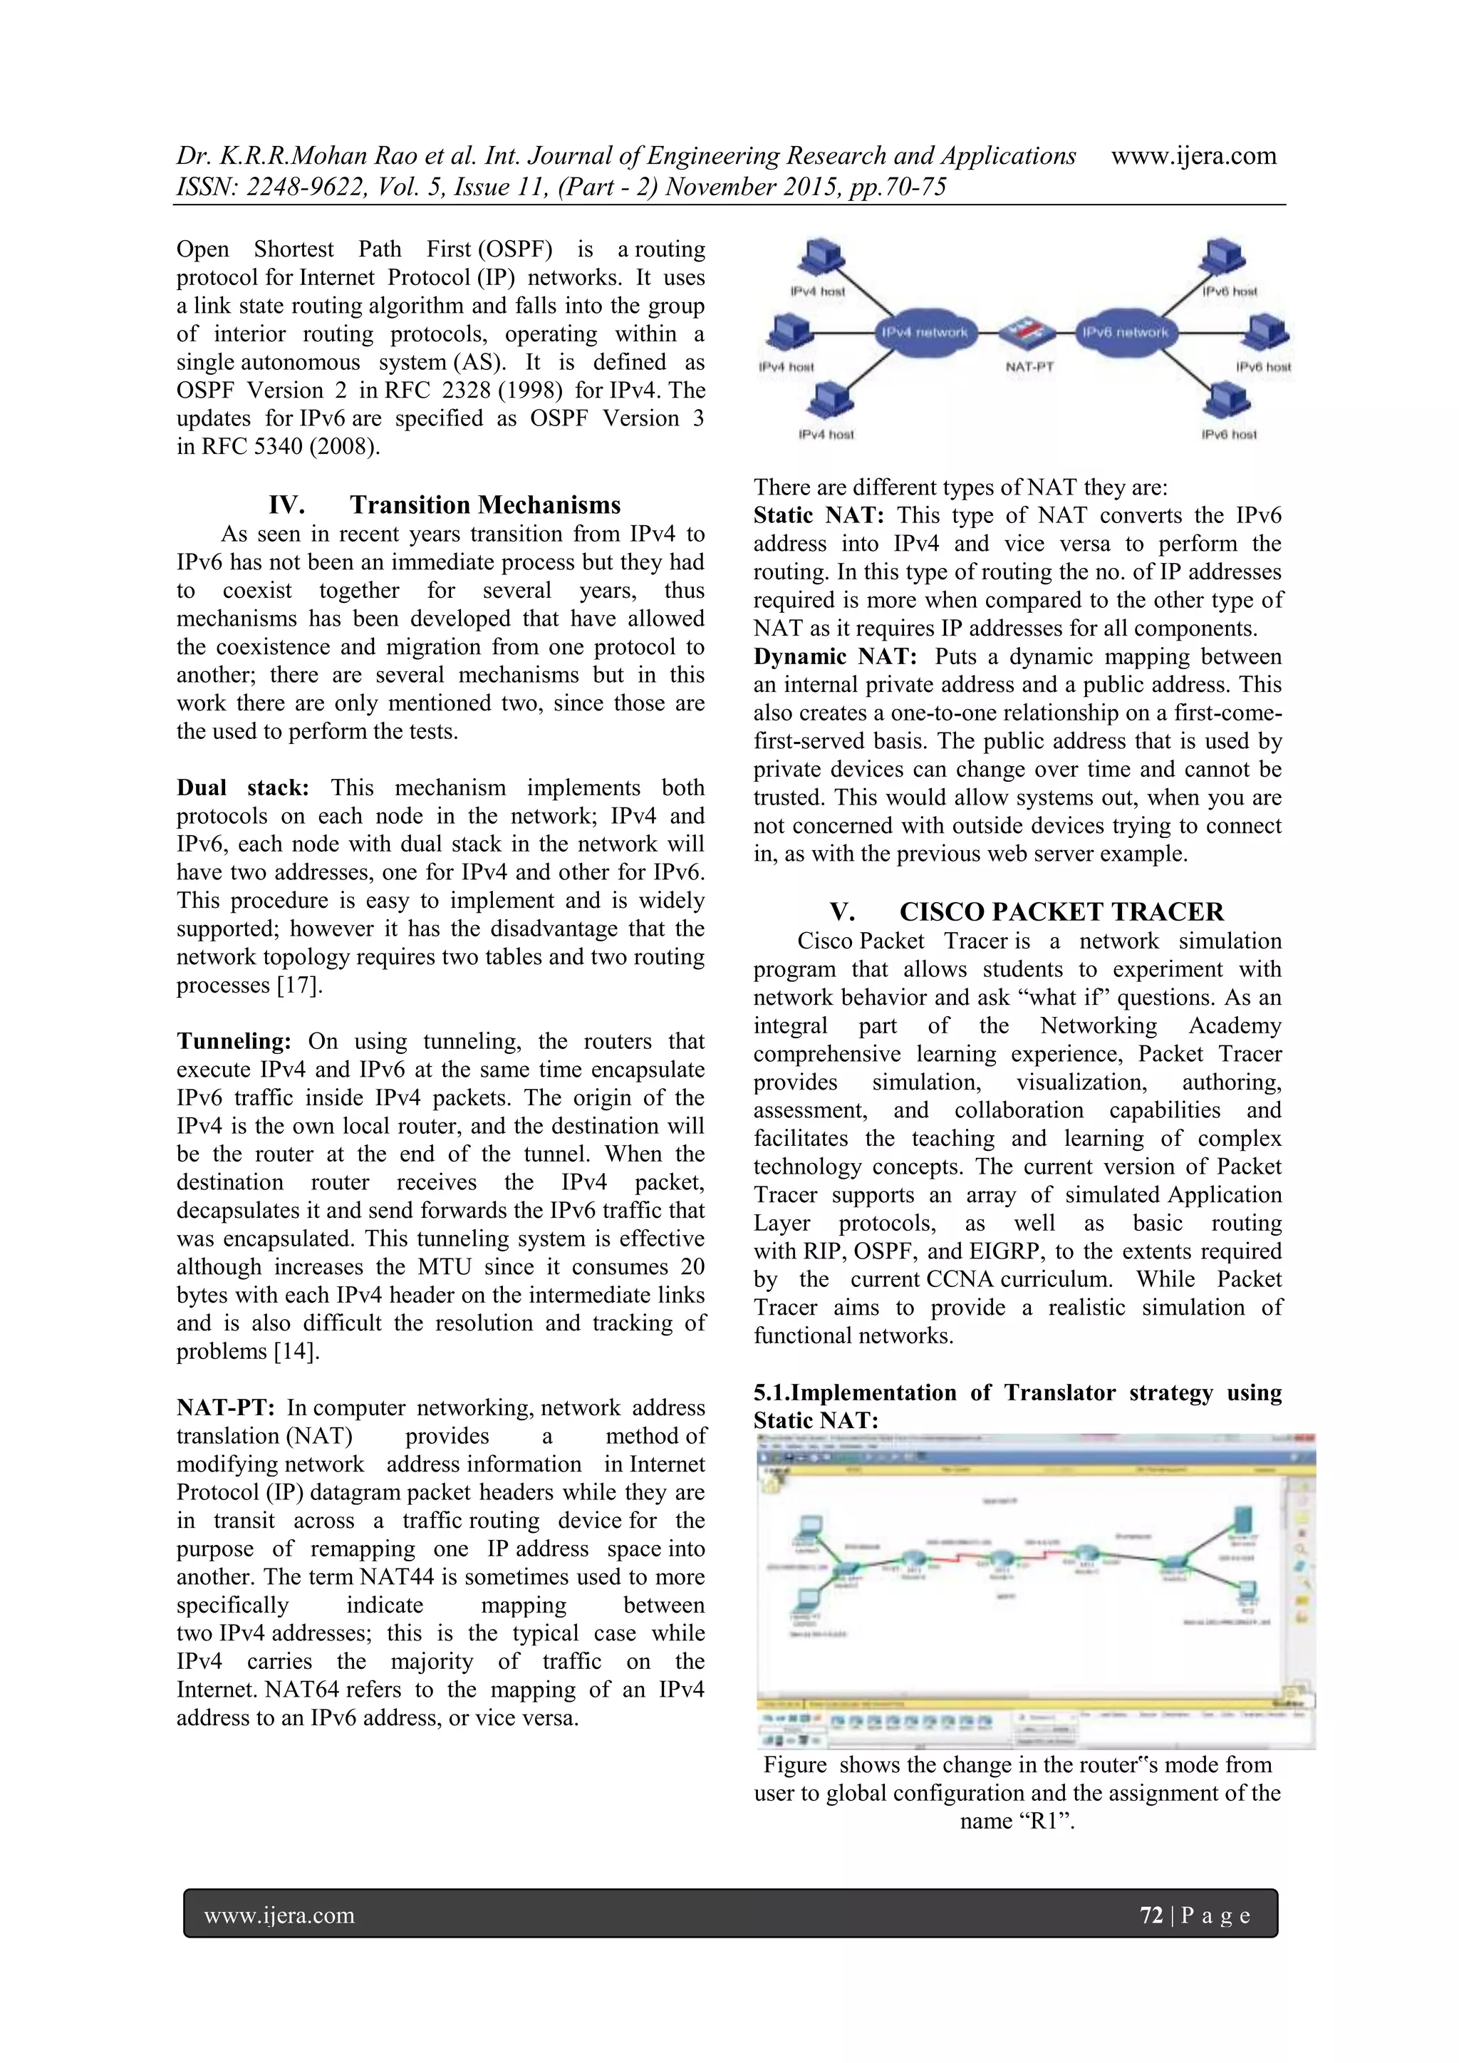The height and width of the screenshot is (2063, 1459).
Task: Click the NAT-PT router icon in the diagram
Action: tap(1029, 333)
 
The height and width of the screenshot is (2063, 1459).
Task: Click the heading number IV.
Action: tap(286, 505)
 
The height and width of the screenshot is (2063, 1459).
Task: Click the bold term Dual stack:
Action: tap(242, 788)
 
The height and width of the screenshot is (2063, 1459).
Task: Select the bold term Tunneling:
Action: tap(234, 1041)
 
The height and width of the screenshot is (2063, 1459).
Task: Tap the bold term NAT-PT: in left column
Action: tap(226, 1408)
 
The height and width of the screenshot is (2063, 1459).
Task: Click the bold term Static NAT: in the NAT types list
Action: tap(819, 516)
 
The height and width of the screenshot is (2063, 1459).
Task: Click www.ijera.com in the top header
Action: tap(1193, 155)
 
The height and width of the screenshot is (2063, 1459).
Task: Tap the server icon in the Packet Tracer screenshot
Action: tap(1247, 1519)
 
